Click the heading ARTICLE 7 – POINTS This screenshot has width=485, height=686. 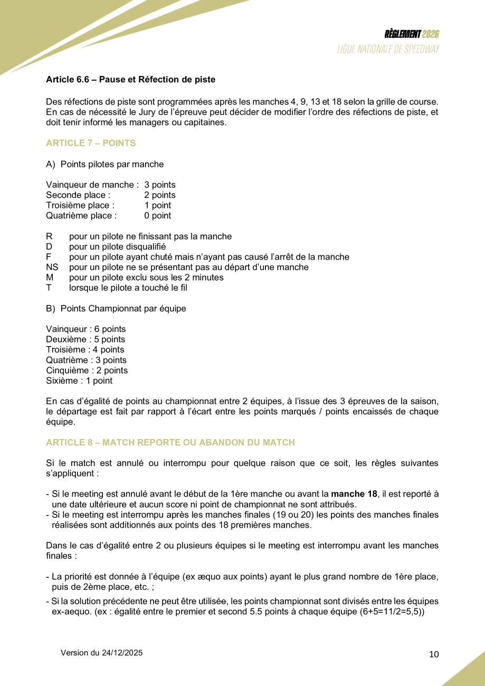[x=91, y=143]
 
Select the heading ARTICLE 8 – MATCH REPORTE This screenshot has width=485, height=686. [x=170, y=442]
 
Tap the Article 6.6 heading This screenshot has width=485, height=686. [x=130, y=80]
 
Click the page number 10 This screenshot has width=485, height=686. [x=434, y=654]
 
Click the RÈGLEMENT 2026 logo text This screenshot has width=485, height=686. [x=412, y=34]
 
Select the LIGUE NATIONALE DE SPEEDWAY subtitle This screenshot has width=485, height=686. [x=389, y=49]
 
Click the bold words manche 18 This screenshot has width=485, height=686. [x=354, y=494]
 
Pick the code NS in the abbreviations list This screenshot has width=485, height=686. [x=52, y=267]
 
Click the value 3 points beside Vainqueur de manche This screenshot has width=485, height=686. [x=160, y=185]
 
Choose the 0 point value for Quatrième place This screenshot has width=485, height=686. [x=157, y=215]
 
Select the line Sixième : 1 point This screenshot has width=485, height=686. [x=79, y=380]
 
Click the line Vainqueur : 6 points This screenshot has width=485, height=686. [x=86, y=329]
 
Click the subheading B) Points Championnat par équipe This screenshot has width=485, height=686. [x=116, y=308]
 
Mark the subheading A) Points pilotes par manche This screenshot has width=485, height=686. [x=105, y=164]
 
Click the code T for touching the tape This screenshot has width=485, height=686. [x=49, y=288]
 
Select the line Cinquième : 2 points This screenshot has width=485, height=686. [x=87, y=370]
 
